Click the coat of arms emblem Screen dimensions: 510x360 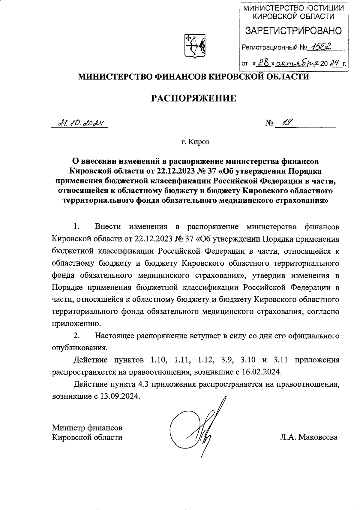194,46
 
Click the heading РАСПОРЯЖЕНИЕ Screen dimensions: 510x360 193,98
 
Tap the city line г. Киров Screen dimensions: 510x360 195,142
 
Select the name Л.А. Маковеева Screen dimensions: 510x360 309,437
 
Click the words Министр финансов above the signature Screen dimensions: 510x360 87,427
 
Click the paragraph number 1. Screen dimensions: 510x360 76,227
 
